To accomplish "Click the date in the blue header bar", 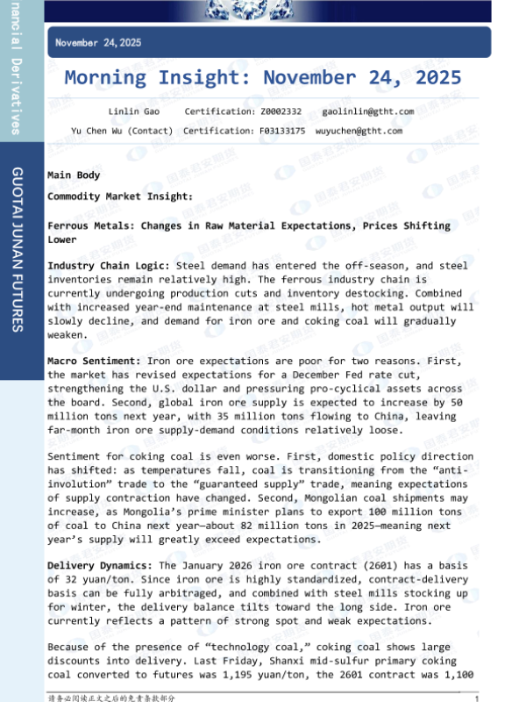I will pos(98,42).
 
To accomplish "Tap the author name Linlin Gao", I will pos(130,112).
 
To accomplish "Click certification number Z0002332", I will pos(281,112).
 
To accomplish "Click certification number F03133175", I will pos(282,131).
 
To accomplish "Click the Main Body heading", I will pos(74,175).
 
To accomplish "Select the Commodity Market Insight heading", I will pos(120,197).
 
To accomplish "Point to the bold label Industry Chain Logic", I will pos(110,264).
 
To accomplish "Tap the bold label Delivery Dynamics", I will pos(100,566).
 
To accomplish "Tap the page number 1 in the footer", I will pos(476,698).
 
